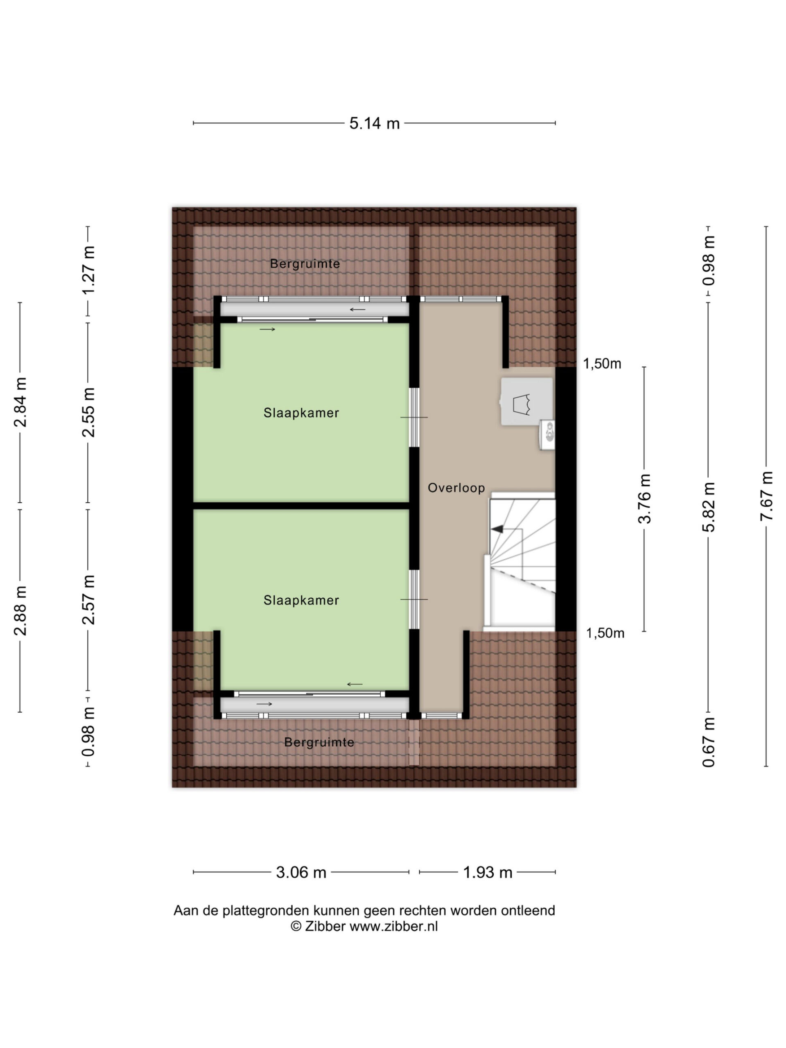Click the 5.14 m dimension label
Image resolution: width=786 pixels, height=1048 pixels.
374,123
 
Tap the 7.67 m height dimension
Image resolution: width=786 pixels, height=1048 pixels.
766,496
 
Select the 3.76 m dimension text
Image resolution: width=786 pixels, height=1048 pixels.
644,499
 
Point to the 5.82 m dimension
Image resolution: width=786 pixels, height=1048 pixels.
708,507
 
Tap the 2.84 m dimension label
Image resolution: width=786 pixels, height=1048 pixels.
20,402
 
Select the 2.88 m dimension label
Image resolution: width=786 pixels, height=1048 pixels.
20,611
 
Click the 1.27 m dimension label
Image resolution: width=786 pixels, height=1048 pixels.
88,270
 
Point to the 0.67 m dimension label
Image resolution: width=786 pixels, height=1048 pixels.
708,743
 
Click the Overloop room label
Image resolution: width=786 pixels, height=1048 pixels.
456,488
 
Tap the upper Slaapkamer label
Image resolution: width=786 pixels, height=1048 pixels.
301,413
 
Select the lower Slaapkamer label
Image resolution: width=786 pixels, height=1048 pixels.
301,600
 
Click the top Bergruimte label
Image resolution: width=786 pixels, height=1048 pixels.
305,264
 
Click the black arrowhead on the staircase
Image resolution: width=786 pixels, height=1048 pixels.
497,529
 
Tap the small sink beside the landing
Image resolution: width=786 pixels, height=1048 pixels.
548,434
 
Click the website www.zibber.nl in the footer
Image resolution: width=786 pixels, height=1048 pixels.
394,926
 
